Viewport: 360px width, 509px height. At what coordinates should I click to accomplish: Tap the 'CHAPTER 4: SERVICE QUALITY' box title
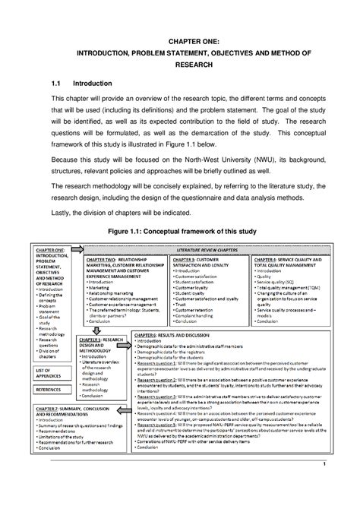pyautogui.click(x=291, y=261)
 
